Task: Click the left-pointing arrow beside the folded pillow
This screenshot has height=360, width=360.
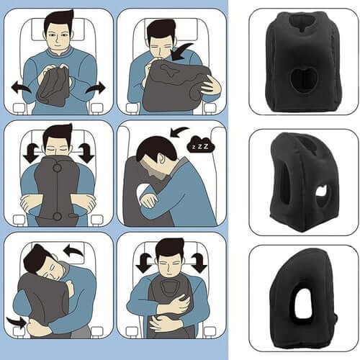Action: [21, 87]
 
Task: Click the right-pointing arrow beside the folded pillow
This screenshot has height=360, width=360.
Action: [96, 87]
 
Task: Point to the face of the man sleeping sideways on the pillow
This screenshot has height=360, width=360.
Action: [43, 268]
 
